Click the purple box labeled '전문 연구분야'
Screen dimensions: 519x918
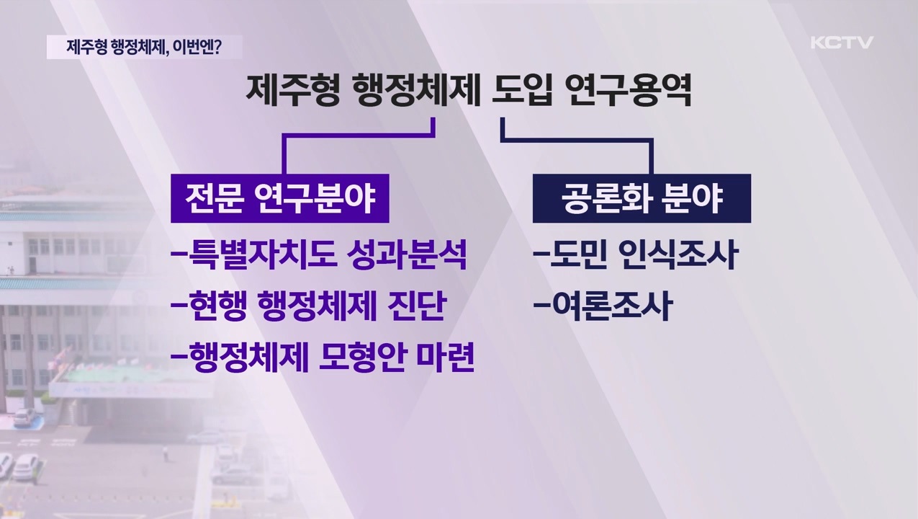(x=280, y=198)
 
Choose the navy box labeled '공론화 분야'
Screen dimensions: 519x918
(x=642, y=198)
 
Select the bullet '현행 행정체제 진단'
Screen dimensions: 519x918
(x=307, y=306)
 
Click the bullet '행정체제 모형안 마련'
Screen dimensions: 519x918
(x=323, y=357)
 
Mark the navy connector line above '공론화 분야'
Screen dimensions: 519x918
(x=650, y=153)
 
